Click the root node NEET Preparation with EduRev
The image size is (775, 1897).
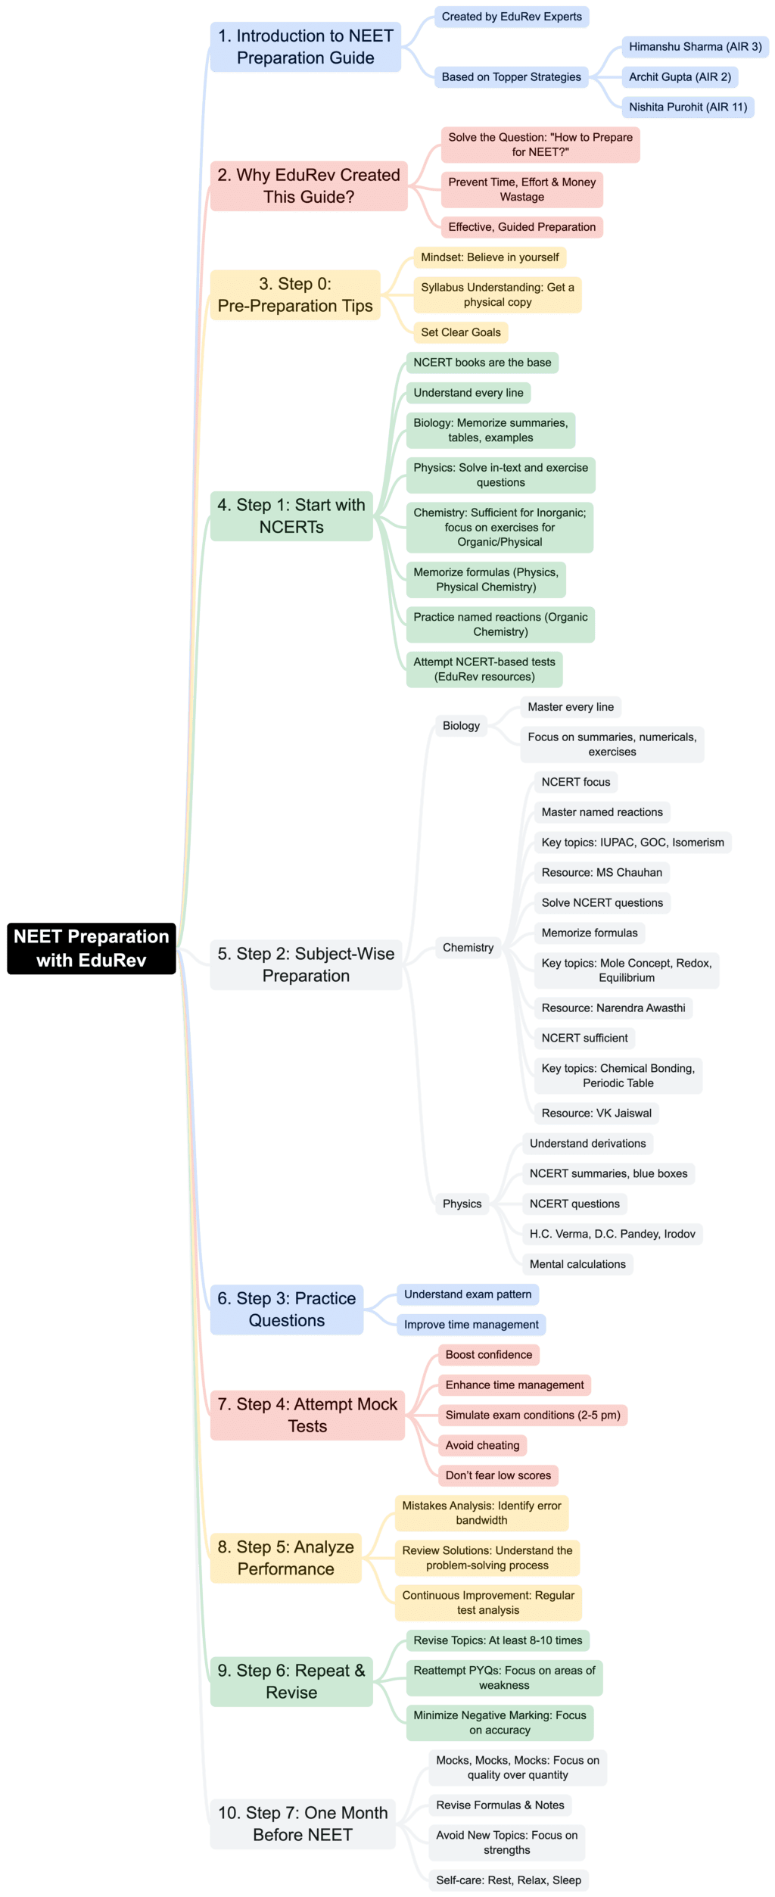point(91,948)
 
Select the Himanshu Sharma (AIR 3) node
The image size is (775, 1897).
point(695,47)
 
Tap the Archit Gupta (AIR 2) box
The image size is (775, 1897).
point(680,77)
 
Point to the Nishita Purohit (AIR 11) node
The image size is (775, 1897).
point(687,107)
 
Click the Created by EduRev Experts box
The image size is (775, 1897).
point(512,17)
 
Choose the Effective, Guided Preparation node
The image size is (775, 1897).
point(521,227)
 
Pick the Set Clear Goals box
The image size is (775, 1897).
point(461,332)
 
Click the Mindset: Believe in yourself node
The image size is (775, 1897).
point(490,257)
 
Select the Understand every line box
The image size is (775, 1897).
point(468,393)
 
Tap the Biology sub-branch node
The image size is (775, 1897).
point(461,725)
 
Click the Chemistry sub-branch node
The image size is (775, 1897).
point(468,947)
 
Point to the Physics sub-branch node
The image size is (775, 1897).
point(462,1204)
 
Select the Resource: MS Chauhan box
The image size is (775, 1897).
point(601,872)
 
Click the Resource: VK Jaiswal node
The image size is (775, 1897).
point(596,1113)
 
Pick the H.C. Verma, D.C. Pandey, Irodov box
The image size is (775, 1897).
point(612,1234)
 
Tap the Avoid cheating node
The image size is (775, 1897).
point(482,1445)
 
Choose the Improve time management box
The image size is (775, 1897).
point(471,1325)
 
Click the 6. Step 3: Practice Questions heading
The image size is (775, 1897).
point(286,1310)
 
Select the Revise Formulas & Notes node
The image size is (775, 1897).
point(500,1805)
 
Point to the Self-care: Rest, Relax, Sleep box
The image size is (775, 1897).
point(508,1880)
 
